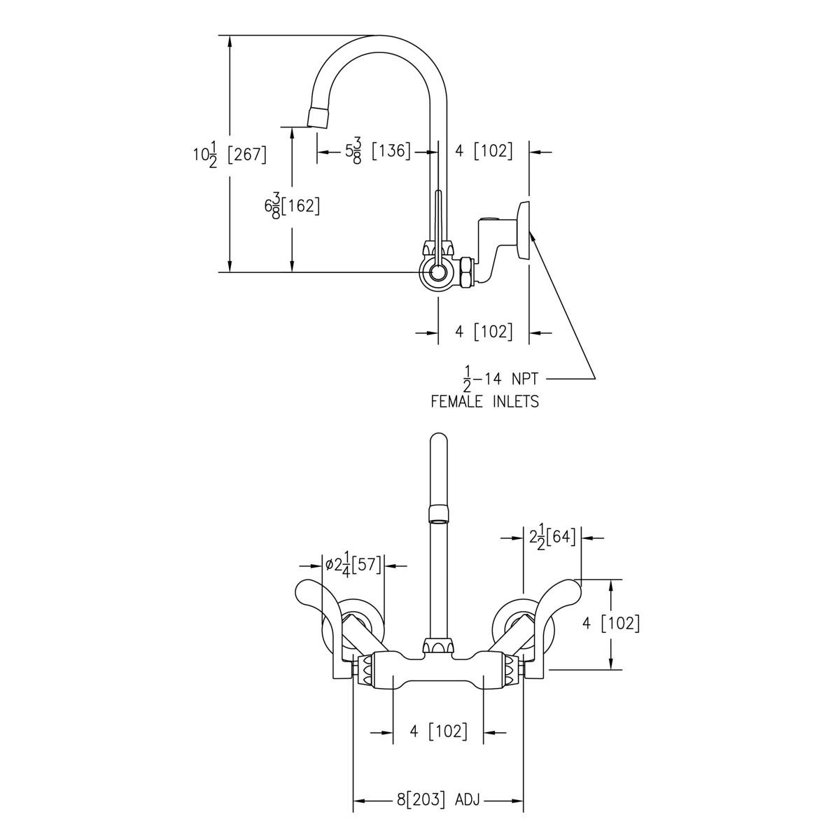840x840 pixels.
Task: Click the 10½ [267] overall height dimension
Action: coord(230,154)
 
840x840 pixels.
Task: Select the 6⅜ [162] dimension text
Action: coord(292,206)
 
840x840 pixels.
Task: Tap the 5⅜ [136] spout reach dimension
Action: coord(377,151)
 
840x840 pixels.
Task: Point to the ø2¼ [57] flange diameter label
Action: coord(352,565)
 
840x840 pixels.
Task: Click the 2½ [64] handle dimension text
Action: coord(552,538)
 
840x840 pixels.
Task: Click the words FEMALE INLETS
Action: coord(484,402)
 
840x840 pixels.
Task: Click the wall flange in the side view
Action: coord(522,230)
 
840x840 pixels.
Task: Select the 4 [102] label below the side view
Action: coord(484,332)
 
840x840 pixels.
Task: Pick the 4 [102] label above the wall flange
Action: coord(484,150)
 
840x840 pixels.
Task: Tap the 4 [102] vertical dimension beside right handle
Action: coord(611,623)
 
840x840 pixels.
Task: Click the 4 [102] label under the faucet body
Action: coord(437,732)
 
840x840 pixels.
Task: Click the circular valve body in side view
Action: coord(437,273)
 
